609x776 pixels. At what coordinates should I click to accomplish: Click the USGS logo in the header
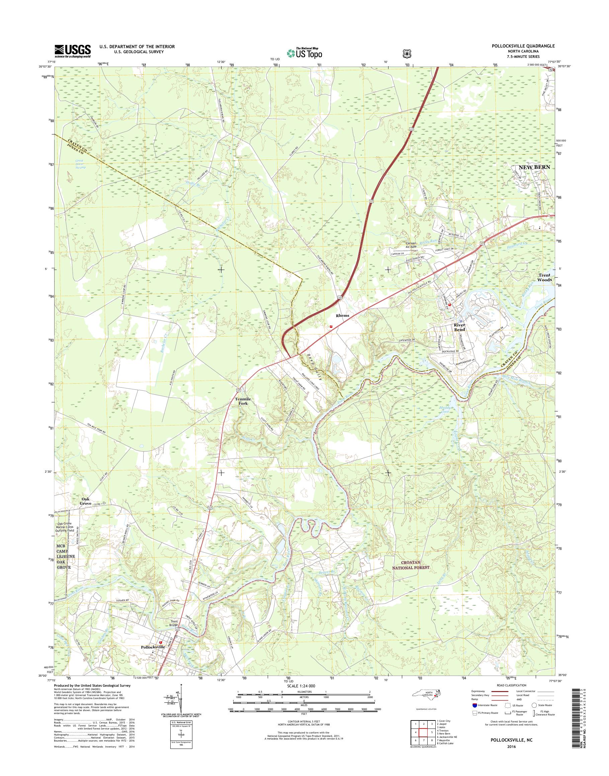click(x=72, y=51)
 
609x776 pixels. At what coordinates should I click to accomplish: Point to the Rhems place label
click(x=342, y=316)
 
